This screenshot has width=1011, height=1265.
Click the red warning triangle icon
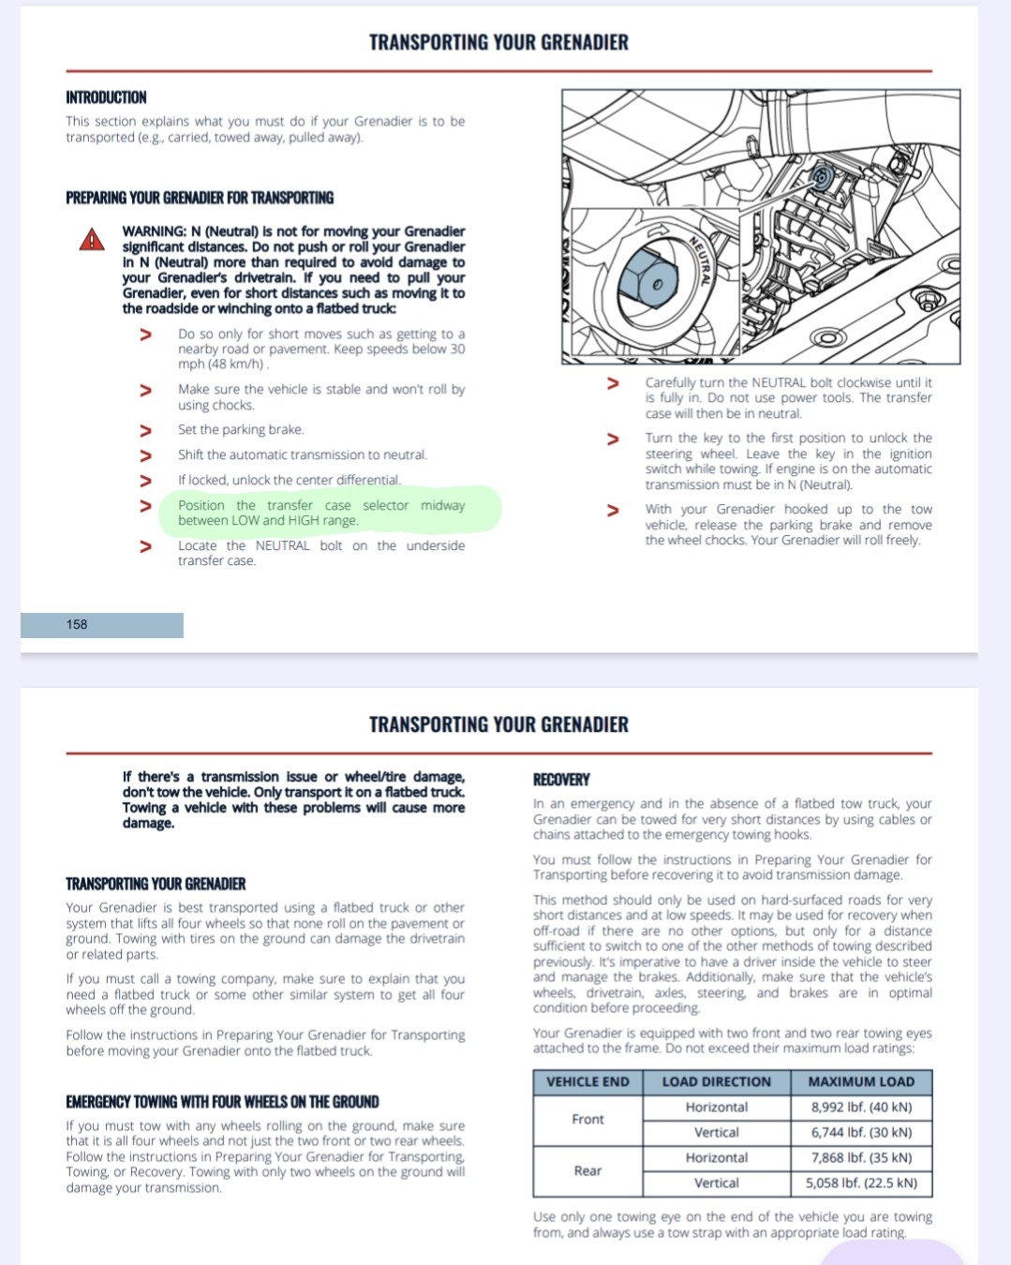click(92, 240)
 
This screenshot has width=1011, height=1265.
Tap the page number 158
click(77, 625)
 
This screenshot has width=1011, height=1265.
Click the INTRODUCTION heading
click(106, 97)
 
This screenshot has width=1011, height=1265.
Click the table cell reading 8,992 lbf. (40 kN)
click(861, 1108)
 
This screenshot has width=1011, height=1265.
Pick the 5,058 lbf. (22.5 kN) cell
click(861, 1183)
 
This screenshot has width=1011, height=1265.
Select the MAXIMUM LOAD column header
click(861, 1082)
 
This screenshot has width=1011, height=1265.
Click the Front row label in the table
click(587, 1120)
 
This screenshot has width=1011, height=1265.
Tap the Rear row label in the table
click(587, 1171)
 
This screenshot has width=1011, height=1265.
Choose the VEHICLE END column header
click(587, 1082)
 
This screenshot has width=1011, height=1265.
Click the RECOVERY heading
click(561, 780)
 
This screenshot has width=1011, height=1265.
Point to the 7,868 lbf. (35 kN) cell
click(861, 1158)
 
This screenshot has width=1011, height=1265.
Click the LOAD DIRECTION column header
click(716, 1082)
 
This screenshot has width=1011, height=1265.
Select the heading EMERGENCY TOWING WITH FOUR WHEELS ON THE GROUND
click(222, 1102)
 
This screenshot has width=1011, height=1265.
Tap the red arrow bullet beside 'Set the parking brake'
click(145, 430)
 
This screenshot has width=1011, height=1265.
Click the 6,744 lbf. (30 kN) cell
click(861, 1133)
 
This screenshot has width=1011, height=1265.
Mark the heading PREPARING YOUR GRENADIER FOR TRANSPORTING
click(200, 198)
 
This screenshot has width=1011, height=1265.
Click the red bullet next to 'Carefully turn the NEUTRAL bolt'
click(613, 383)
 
